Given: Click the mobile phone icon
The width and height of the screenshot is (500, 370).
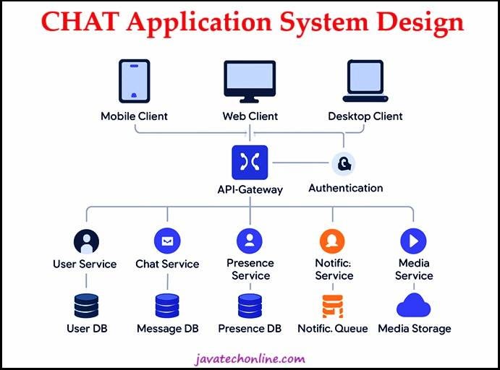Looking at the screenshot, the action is [x=135, y=81].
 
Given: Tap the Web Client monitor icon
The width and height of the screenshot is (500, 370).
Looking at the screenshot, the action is [x=250, y=82].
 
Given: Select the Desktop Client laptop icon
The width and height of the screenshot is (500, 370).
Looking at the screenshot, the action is [x=365, y=81].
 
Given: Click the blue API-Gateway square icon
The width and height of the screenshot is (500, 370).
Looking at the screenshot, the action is [x=250, y=163].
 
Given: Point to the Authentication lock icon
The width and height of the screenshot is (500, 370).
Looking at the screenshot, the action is [x=344, y=163].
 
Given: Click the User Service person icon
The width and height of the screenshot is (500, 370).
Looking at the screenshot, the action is [x=86, y=241].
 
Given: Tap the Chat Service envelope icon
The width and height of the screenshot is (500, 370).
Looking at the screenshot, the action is [x=167, y=241].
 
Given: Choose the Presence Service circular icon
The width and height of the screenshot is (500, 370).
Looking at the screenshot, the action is [x=250, y=241].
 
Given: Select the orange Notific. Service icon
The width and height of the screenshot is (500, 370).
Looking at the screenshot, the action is [x=332, y=241].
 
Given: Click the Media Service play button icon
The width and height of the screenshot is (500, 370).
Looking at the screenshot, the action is [x=413, y=241].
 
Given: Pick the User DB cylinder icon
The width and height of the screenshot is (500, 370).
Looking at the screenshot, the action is [x=86, y=306].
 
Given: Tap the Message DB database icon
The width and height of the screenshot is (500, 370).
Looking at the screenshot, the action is [x=167, y=306].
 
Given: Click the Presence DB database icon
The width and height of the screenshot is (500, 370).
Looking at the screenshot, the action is [x=250, y=306].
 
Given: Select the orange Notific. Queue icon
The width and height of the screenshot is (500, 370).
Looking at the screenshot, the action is [x=333, y=306].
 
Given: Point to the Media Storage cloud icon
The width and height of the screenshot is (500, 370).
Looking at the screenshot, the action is [x=414, y=306].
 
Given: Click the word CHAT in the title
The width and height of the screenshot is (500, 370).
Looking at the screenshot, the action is [x=80, y=22].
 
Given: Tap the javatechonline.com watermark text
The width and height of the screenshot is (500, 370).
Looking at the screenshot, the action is [x=250, y=359].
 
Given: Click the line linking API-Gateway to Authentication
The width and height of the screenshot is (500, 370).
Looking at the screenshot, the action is [x=300, y=163].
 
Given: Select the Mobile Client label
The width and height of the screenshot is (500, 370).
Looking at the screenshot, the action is [x=135, y=116].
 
